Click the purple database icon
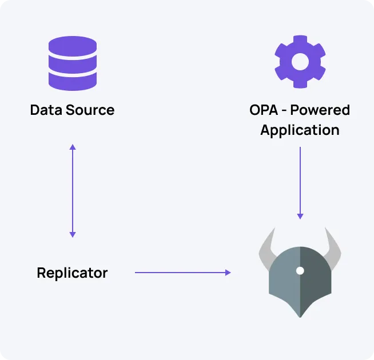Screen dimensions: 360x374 pos(72,63)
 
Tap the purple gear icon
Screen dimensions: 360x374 pos(300,62)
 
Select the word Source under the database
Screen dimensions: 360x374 pos(90,110)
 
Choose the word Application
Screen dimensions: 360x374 pos(300,130)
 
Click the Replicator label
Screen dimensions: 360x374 pos(72,273)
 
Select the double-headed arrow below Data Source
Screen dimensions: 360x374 pos(72,191)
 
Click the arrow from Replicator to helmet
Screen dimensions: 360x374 pos(183,273)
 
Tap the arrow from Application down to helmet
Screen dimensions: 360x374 pos(300,183)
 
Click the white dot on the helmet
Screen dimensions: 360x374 pos(300,270)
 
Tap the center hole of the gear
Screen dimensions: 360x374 pos(300,62)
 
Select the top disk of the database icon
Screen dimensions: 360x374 pos(72,44)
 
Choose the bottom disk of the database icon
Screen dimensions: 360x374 pos(72,82)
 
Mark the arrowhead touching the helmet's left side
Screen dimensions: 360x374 pos(228,273)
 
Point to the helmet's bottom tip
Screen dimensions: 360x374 pos(300,315)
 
